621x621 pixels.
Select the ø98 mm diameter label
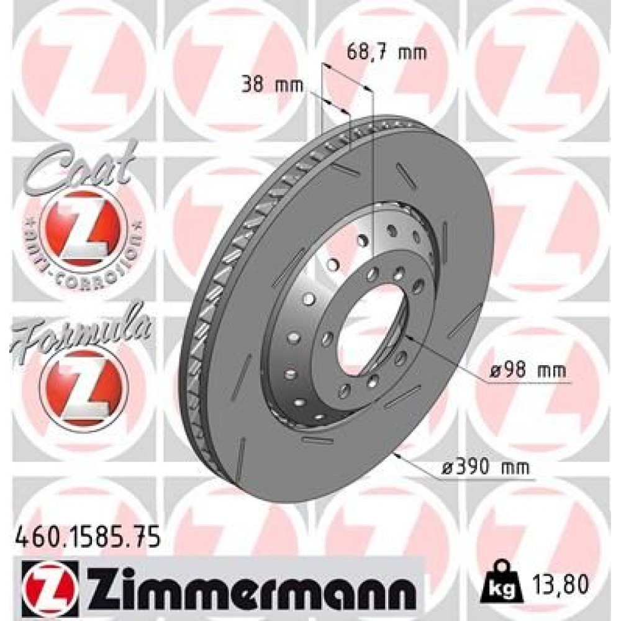click(x=527, y=371)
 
